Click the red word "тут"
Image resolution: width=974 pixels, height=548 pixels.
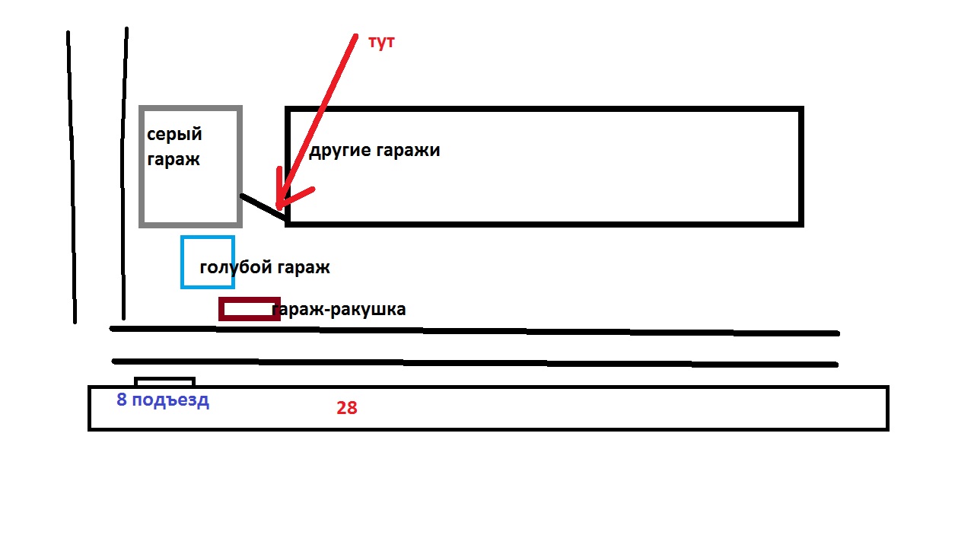381,43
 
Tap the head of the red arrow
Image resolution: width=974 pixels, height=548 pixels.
279,207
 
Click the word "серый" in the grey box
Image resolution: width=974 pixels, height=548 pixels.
174,135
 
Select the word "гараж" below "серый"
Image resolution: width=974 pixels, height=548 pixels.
173,159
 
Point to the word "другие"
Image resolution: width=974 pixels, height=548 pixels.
339,151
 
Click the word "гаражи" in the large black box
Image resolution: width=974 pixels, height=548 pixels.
408,151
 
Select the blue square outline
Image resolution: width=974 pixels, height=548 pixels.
182,263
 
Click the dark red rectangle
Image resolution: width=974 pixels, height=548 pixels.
249,299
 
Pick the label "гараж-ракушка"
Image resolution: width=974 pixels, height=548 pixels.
339,309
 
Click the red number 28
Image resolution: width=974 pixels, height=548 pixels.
346,408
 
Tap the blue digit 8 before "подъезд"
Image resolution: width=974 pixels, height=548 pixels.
121,400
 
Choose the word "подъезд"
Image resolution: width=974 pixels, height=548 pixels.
170,400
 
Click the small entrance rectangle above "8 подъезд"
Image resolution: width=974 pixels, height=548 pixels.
164,378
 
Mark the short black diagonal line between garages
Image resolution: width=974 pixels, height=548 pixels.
263,206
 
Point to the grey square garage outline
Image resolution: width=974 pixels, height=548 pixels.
141,167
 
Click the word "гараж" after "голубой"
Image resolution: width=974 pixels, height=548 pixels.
303,268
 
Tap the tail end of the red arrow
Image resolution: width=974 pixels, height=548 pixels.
355,37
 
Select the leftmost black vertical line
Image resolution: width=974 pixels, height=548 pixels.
72,177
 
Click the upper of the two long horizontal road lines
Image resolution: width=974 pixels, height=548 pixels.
474,331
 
